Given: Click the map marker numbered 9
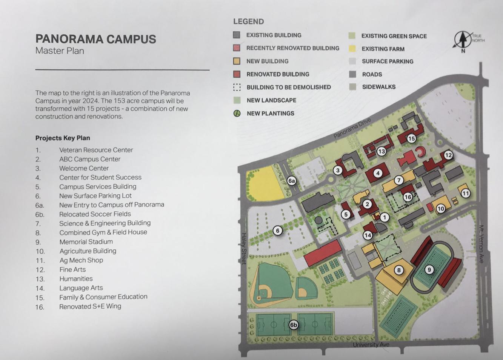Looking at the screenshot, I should pyautogui.click(x=429, y=269).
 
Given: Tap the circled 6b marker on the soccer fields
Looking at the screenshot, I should pyautogui.click(x=293, y=325).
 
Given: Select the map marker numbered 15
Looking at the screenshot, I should pyautogui.click(x=411, y=138).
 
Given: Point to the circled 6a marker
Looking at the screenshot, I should pyautogui.click(x=291, y=181).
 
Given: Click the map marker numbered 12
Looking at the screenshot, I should pyautogui.click(x=448, y=155).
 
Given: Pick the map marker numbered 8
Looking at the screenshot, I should pyautogui.click(x=398, y=270).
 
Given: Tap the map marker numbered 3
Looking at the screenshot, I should pyautogui.click(x=338, y=170).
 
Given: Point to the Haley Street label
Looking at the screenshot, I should pyautogui.click(x=244, y=248).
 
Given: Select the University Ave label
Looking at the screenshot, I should pyautogui.click(x=371, y=345).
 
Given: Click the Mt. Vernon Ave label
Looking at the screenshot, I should pyautogui.click(x=481, y=244).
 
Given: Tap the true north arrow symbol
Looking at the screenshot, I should pyautogui.click(x=462, y=40).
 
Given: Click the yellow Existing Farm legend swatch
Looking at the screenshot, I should pyautogui.click(x=352, y=49).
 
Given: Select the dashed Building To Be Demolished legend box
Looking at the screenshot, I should pyautogui.click(x=237, y=87).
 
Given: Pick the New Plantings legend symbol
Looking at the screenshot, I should pyautogui.click(x=237, y=113).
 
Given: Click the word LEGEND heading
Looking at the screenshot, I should pyautogui.click(x=248, y=22).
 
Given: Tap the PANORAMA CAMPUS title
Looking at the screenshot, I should pyautogui.click(x=95, y=39).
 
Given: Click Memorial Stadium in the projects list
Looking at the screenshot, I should pyautogui.click(x=86, y=242).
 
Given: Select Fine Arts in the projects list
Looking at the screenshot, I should pyautogui.click(x=72, y=269).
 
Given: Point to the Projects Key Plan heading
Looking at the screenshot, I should pyautogui.click(x=63, y=138).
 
